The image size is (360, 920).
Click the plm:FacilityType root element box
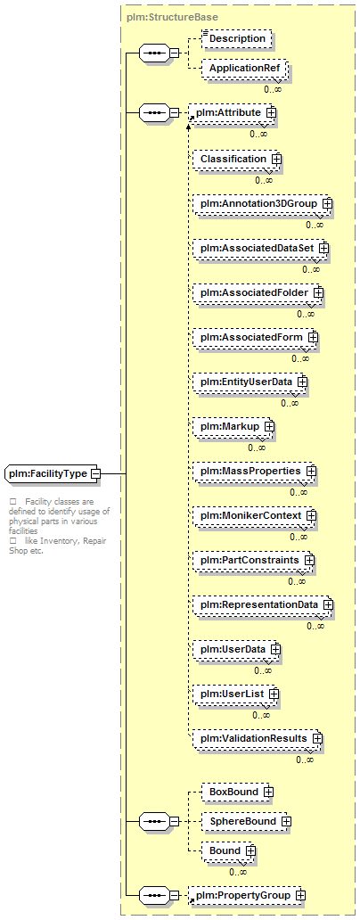pyautogui.click(x=52, y=472)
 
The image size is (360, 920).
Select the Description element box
pyautogui.click(x=237, y=38)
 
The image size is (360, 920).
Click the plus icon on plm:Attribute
pyautogui.click(x=271, y=113)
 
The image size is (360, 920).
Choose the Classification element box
pyautogui.click(x=237, y=159)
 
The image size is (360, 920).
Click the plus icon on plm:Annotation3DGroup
pyautogui.click(x=327, y=203)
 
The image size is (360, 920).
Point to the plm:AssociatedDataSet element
pyautogui.click(x=260, y=248)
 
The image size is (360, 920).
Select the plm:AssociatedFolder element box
pyautogui.click(x=258, y=292)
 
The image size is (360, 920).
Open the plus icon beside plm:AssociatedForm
pyautogui.click(x=313, y=337)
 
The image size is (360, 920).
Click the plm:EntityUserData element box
pyautogui.click(x=250, y=382)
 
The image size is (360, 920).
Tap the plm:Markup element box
pyautogui.click(x=233, y=426)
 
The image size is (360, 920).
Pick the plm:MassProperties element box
pyautogui.click(x=255, y=472)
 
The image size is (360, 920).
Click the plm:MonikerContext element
pyautogui.click(x=255, y=516)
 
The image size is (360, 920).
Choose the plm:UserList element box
pyautogui.click(x=236, y=694)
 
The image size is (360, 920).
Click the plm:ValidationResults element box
pyautogui.click(x=258, y=739)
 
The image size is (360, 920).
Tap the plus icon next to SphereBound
pyautogui.click(x=286, y=821)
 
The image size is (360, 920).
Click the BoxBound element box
pyautogui.click(x=237, y=793)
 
